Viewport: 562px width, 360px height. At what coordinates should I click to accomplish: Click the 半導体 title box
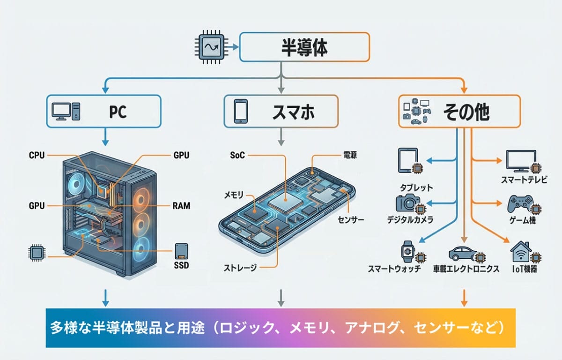pos(304,47)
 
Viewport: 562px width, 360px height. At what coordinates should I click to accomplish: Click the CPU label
pos(37,155)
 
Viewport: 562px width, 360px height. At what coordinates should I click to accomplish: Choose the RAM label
pos(181,206)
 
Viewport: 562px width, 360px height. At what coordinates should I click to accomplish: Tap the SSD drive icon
pos(181,251)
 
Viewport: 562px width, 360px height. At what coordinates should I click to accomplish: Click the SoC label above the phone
pos(237,155)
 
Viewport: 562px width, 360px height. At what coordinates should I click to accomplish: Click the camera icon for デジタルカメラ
pos(407,203)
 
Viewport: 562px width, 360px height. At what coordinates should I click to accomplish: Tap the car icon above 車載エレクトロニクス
pos(462,253)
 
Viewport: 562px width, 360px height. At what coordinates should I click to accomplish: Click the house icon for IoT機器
pos(520,252)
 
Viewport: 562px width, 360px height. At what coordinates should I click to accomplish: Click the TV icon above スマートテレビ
pos(520,161)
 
